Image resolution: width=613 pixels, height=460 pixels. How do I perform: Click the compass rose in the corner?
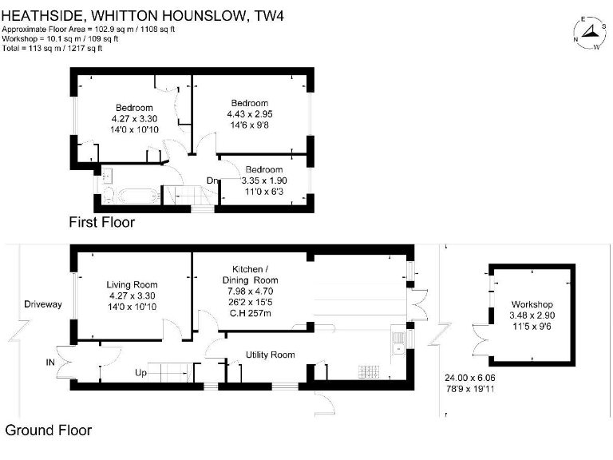click(x=589, y=33)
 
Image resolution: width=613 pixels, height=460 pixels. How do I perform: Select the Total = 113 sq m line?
click(x=53, y=48)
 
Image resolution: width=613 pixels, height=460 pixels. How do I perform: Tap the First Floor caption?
click(x=101, y=222)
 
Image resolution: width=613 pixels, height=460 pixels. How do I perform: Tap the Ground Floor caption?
click(x=49, y=430)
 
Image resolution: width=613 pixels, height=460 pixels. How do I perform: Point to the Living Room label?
click(x=132, y=285)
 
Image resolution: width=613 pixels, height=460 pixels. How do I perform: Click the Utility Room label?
click(x=270, y=355)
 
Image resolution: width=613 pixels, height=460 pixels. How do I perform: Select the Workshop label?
click(x=532, y=305)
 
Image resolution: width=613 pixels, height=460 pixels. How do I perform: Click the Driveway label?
click(x=42, y=304)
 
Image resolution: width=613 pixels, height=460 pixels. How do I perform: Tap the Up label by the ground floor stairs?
click(x=140, y=373)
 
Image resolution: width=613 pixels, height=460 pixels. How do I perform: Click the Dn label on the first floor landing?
click(x=212, y=181)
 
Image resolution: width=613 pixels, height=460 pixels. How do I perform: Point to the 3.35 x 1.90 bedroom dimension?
click(x=264, y=180)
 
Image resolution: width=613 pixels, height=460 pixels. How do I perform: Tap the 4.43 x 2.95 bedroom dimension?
click(x=249, y=114)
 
